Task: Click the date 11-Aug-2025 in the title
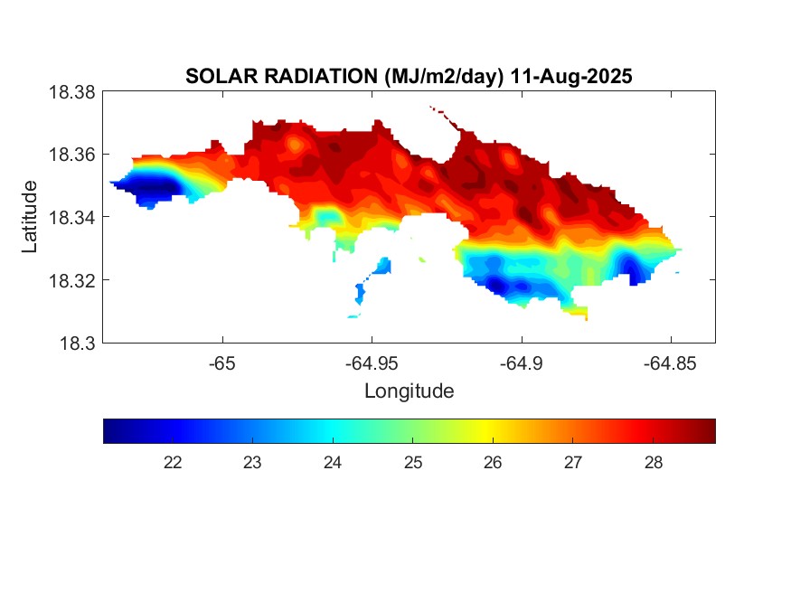tap(571, 77)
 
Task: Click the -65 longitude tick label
tap(221, 362)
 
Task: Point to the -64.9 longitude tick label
tap(521, 362)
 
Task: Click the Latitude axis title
tap(31, 217)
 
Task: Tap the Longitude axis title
tap(409, 391)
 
